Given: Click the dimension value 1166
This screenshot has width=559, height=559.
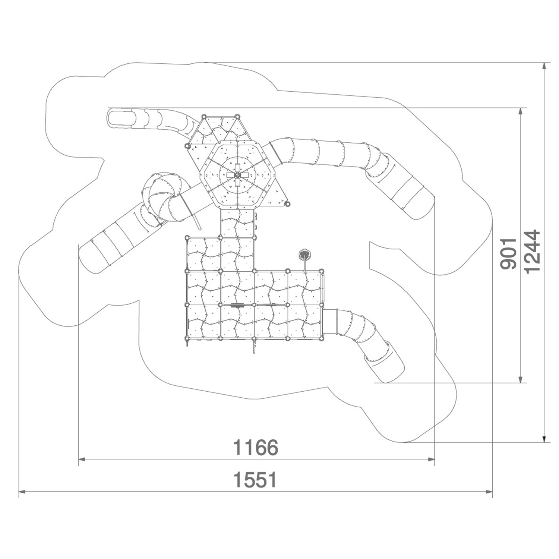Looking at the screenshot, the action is point(256,447).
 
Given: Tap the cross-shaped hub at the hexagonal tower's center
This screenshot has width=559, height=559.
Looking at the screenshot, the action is point(237,174).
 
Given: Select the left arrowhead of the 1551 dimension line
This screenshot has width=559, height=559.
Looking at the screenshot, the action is point(22,492).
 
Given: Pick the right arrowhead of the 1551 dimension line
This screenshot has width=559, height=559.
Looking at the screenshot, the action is point(489,492).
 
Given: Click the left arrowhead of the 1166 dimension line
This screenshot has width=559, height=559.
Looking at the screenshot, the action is point(82,459).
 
